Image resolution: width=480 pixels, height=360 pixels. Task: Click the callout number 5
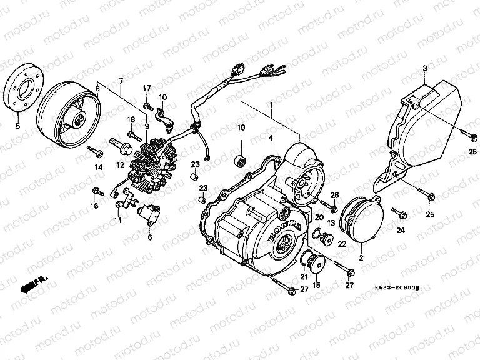point(17,127)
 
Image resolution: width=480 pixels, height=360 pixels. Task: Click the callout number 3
point(424,67)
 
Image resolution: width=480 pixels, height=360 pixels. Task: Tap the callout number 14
point(98,167)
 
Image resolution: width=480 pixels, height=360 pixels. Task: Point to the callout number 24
point(401,231)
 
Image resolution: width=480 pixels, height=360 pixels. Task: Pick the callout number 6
point(150,238)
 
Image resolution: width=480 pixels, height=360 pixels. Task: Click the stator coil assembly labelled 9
point(149,163)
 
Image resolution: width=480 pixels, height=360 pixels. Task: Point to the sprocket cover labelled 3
point(425,125)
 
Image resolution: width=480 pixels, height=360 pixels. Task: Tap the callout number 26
point(334,195)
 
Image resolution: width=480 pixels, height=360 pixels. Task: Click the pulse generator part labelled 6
point(151,214)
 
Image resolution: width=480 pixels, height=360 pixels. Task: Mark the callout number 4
point(271,137)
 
